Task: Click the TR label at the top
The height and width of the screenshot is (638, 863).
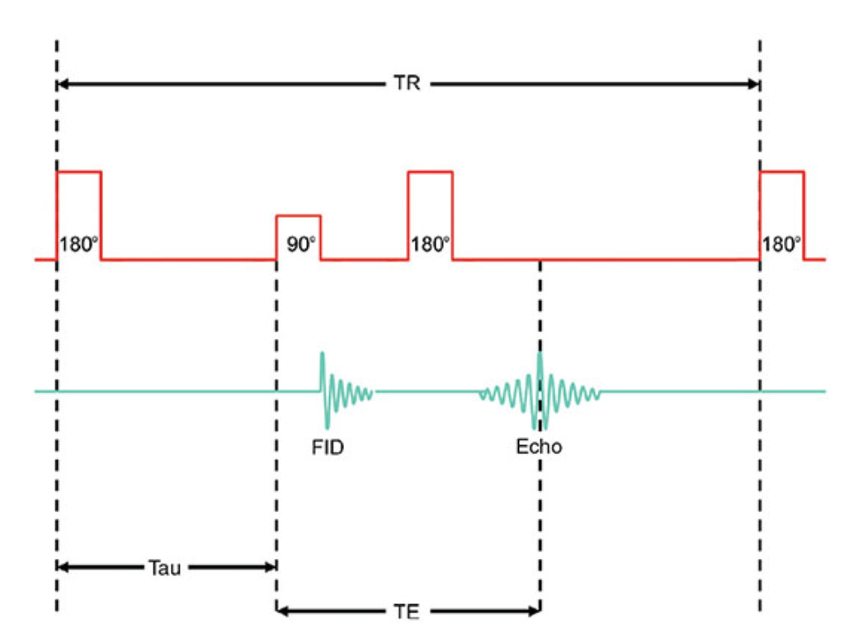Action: [407, 84]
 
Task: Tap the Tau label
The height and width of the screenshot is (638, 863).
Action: [165, 567]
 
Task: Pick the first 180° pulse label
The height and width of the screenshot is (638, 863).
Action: [79, 246]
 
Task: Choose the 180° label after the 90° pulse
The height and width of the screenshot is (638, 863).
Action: [431, 246]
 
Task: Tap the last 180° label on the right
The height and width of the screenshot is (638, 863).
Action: [781, 246]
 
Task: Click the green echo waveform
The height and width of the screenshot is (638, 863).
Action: [540, 391]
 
